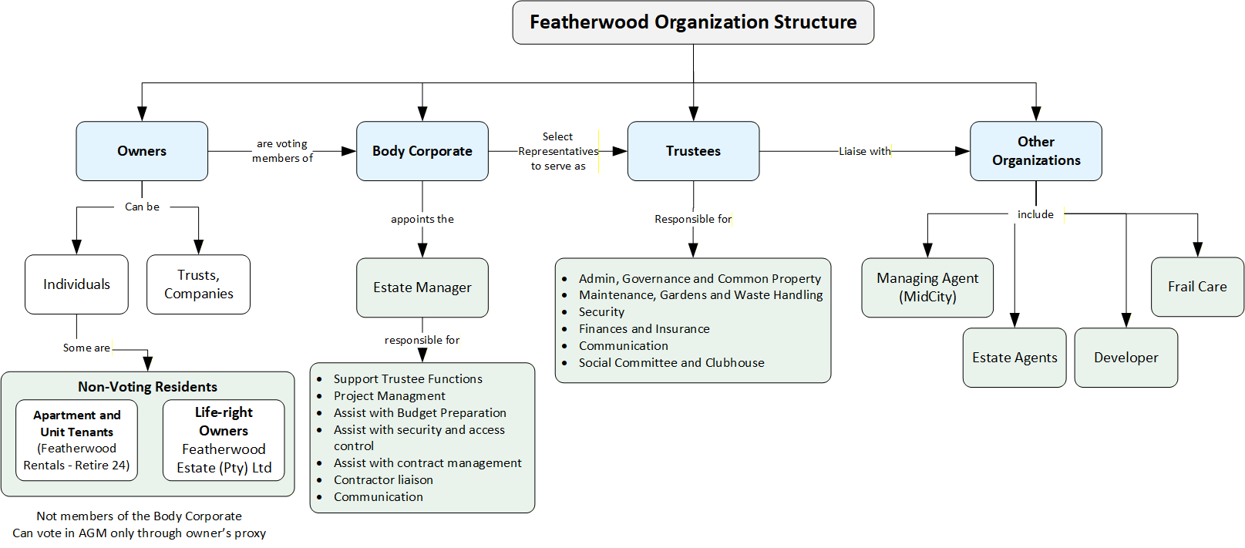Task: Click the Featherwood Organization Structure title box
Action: pos(693,22)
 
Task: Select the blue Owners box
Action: pos(142,151)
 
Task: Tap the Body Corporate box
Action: pos(422,151)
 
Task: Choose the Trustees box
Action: pos(693,151)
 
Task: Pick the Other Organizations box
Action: pos(1036,151)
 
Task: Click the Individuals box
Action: pos(76,284)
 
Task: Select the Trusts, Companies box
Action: pos(198,284)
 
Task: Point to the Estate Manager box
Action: pos(422,287)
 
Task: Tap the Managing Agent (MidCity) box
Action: pos(927,287)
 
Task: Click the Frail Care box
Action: pos(1197,287)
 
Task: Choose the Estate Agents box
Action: pos(1015,358)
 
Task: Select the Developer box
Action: pos(1126,358)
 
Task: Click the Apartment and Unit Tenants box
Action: pos(76,440)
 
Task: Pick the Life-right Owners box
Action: pos(224,440)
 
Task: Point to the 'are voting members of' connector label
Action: pos(282,150)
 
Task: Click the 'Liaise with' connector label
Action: pos(865,151)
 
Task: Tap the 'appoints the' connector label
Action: pos(422,219)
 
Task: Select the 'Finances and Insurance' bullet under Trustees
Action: pos(644,329)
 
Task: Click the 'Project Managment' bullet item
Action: pos(389,395)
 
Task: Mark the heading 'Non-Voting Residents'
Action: pos(147,387)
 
